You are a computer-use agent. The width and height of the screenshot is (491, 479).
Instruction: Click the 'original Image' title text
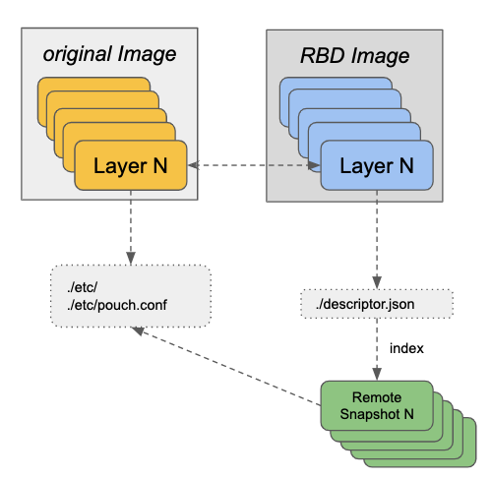coord(109,54)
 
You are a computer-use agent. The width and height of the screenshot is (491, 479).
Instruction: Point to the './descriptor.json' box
coord(375,303)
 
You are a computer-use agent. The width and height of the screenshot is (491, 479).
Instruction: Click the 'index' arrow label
coord(406,348)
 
